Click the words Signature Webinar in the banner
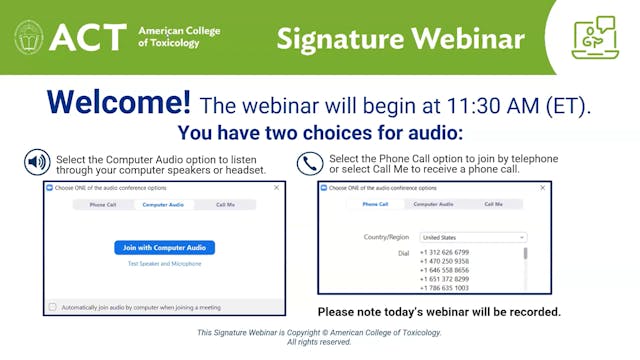pyautogui.click(x=400, y=39)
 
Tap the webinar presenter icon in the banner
pyautogui.click(x=594, y=37)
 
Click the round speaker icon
pyautogui.click(x=37, y=162)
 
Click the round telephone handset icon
pyautogui.click(x=310, y=163)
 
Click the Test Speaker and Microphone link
pyautogui.click(x=165, y=264)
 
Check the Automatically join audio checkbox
pyautogui.click(x=53, y=307)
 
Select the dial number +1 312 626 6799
pyautogui.click(x=445, y=252)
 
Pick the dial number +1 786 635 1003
pyautogui.click(x=445, y=288)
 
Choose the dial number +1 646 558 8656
pyautogui.click(x=445, y=270)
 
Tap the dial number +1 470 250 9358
pyautogui.click(x=445, y=261)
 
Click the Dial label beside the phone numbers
pyautogui.click(x=403, y=253)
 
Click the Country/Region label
pyautogui.click(x=387, y=237)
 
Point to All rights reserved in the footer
pyautogui.click(x=319, y=342)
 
